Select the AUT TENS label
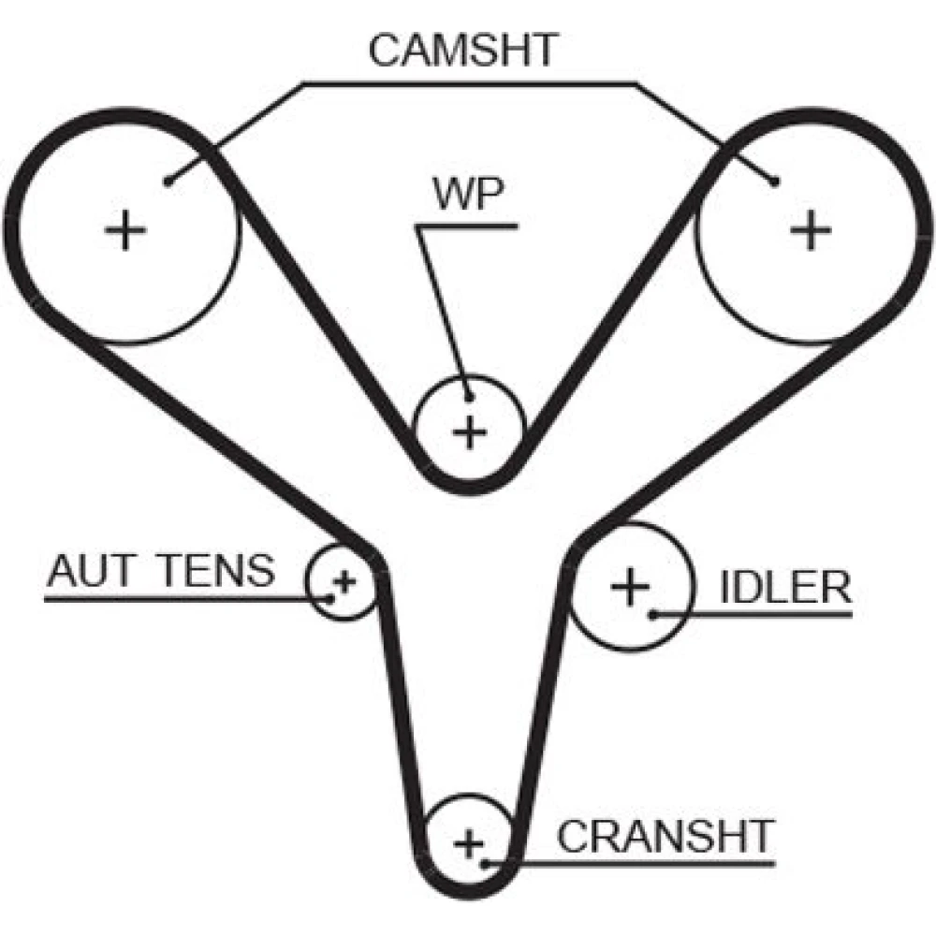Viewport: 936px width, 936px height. pyautogui.click(x=161, y=570)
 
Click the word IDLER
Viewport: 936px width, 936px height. pyautogui.click(x=785, y=589)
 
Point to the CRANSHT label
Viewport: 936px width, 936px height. pyautogui.click(x=666, y=835)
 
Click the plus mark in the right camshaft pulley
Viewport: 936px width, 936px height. pyautogui.click(x=811, y=228)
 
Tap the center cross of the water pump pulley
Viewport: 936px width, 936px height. pyautogui.click(x=470, y=431)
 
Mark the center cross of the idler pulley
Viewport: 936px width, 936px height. pyautogui.click(x=630, y=587)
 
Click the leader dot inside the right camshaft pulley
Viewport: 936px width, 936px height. pyautogui.click(x=775, y=182)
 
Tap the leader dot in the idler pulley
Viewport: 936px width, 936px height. pyautogui.click(x=652, y=614)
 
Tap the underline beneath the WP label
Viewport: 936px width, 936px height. pyautogui.click(x=468, y=226)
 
